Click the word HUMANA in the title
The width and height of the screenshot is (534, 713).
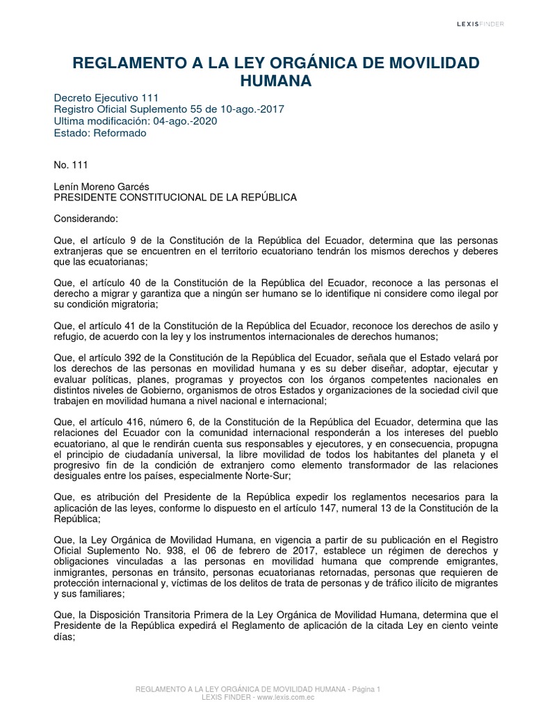[276, 81]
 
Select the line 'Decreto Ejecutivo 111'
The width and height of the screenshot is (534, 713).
[102, 98]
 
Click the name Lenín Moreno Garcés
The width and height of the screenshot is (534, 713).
[101, 186]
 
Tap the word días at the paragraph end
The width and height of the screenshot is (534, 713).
[64, 637]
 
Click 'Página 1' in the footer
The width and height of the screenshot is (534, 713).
[366, 689]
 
